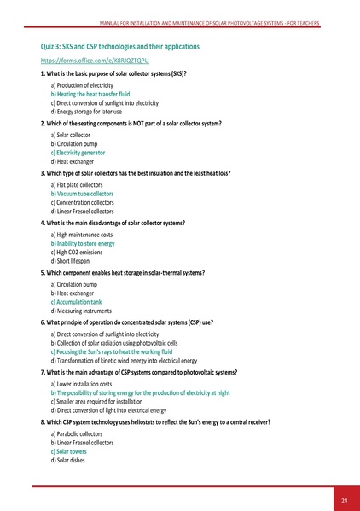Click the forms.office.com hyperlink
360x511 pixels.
click(x=83, y=62)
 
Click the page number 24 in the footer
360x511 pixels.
click(x=343, y=499)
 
